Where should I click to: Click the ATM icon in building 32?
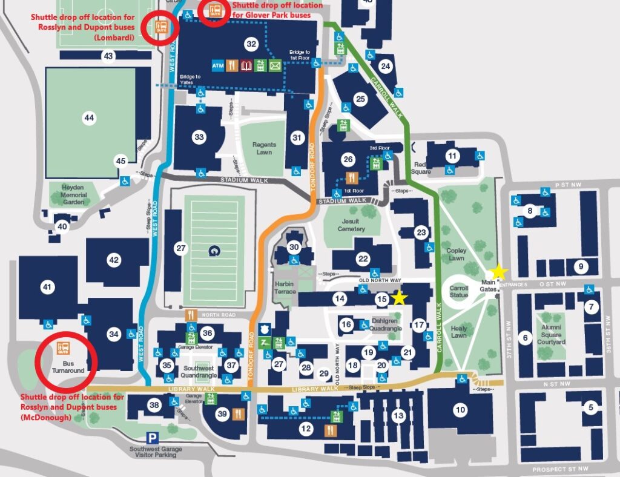click(x=218, y=65)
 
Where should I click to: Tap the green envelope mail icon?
click(x=275, y=65)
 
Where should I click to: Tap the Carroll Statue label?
click(x=459, y=292)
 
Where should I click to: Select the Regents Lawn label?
click(x=265, y=148)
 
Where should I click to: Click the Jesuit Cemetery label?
click(x=351, y=225)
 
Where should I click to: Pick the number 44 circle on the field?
click(x=90, y=118)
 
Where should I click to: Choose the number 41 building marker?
click(x=47, y=288)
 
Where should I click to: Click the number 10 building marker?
click(x=461, y=410)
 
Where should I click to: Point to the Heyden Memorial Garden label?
click(x=73, y=196)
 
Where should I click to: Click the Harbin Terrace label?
click(x=285, y=288)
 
